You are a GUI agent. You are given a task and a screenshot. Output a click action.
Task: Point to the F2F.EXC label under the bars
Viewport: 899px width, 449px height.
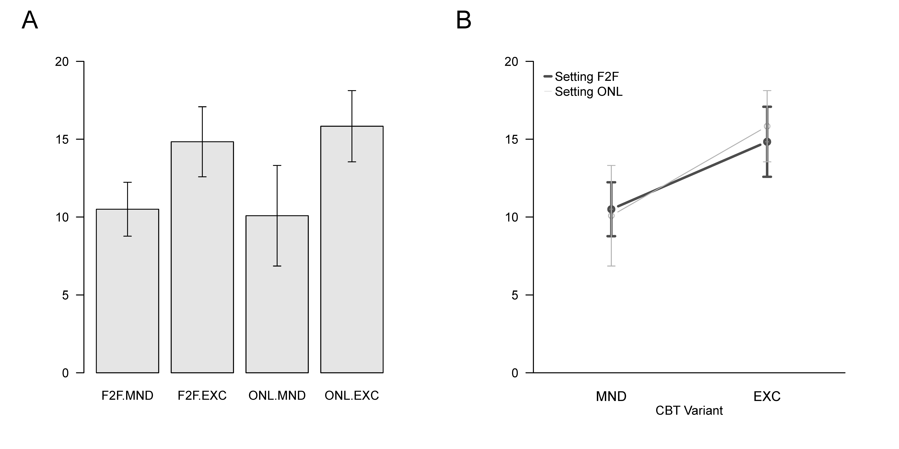coord(202,396)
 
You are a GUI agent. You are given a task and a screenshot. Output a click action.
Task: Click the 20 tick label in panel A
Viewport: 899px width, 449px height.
coord(62,62)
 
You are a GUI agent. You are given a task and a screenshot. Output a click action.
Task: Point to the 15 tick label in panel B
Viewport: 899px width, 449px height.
coord(512,139)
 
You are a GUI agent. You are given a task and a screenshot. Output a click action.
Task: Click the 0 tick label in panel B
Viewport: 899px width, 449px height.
coord(515,373)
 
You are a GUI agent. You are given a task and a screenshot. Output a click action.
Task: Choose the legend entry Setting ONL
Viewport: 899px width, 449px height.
coord(588,92)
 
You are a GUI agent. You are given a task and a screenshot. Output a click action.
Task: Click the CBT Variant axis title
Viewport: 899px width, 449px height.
coord(689,411)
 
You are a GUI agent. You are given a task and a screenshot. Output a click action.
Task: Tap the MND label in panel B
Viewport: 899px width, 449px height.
coord(611,396)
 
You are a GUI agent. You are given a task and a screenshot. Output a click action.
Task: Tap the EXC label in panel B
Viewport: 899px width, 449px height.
coord(767,396)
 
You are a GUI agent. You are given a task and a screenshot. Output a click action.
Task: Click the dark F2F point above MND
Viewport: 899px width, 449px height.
coord(611,209)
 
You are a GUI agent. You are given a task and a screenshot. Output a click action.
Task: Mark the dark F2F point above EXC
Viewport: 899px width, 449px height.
coord(767,142)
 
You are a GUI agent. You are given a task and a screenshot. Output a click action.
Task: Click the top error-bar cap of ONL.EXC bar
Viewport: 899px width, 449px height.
coord(352,91)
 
